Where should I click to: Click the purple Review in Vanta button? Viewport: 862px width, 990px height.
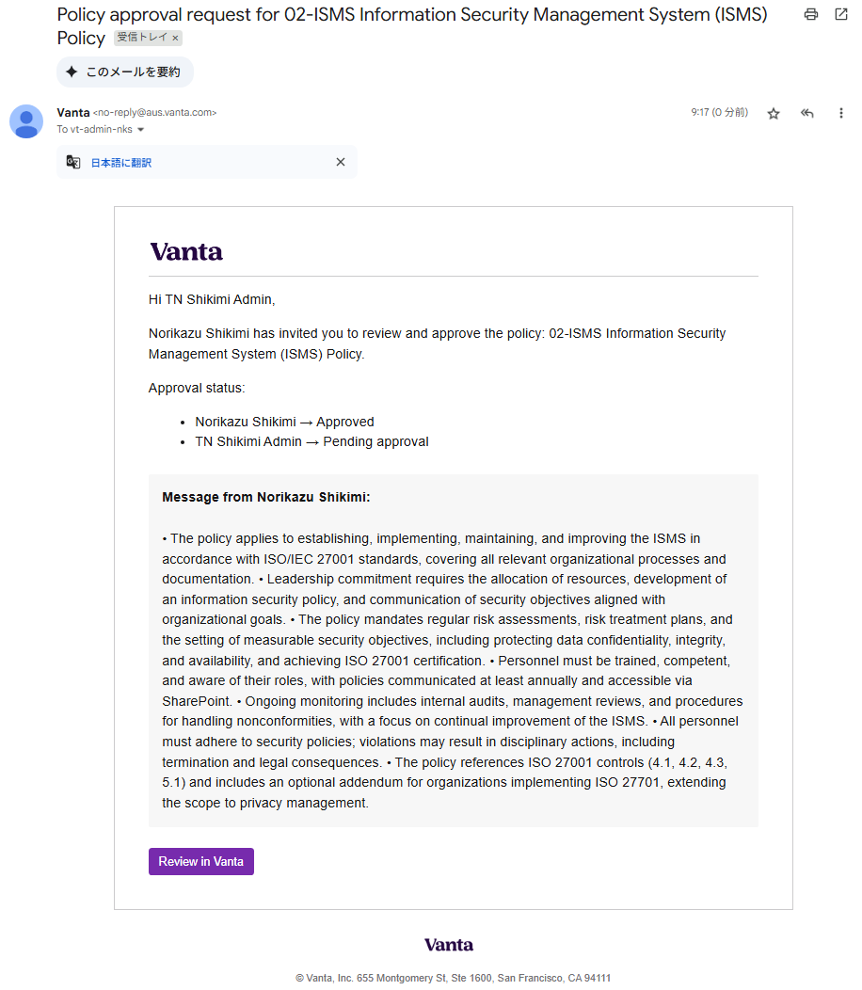(x=200, y=861)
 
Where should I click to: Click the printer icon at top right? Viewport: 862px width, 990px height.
(x=811, y=15)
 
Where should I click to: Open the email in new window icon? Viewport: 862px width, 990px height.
(x=841, y=15)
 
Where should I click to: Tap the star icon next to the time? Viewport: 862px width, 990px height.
(x=774, y=113)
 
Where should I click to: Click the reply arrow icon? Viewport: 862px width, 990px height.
(x=806, y=113)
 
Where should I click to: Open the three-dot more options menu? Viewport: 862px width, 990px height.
(x=841, y=113)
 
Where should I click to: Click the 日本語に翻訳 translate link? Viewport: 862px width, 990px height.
(x=120, y=163)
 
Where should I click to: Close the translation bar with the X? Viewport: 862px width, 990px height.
(x=341, y=162)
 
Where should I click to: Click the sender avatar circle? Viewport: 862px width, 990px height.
(x=26, y=121)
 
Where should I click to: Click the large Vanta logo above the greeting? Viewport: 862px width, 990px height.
(x=186, y=251)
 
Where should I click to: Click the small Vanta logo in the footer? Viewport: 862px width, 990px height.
(x=448, y=945)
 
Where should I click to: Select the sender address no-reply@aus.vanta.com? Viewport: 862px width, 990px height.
(x=154, y=113)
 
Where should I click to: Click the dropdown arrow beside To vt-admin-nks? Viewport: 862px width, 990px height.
(x=141, y=130)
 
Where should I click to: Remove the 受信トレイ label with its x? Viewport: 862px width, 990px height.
(x=175, y=39)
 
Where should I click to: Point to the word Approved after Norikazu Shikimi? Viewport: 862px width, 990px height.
(x=344, y=422)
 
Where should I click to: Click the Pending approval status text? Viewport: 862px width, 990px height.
(x=375, y=441)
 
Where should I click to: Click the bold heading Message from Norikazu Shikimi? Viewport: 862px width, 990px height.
(x=265, y=497)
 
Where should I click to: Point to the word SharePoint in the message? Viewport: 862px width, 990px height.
(x=196, y=701)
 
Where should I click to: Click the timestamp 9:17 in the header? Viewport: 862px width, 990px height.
(x=699, y=112)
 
